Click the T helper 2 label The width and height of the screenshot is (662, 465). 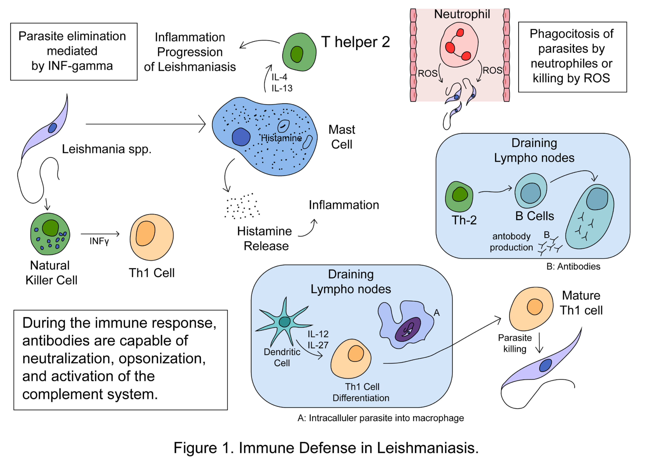pyautogui.click(x=355, y=42)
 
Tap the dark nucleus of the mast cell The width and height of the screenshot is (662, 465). pyautogui.click(x=241, y=137)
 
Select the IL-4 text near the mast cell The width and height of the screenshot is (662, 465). pyautogui.click(x=279, y=77)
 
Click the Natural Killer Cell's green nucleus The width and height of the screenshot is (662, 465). pyautogui.click(x=50, y=228)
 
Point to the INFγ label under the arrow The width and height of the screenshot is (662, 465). pyautogui.click(x=99, y=241)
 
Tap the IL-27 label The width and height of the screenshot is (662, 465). pyautogui.click(x=318, y=345)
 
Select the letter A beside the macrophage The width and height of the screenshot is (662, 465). pyautogui.click(x=436, y=313)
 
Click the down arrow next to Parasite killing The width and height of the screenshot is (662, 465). pyautogui.click(x=539, y=343)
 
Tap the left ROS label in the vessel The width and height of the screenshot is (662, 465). pyautogui.click(x=428, y=74)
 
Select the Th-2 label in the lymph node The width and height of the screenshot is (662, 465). pyautogui.click(x=464, y=220)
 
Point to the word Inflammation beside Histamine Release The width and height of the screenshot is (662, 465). pyautogui.click(x=344, y=205)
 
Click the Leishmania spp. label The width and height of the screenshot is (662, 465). pyautogui.click(x=107, y=149)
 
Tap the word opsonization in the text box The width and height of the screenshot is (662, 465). pyautogui.click(x=162, y=358)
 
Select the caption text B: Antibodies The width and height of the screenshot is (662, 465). pyautogui.click(x=573, y=266)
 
